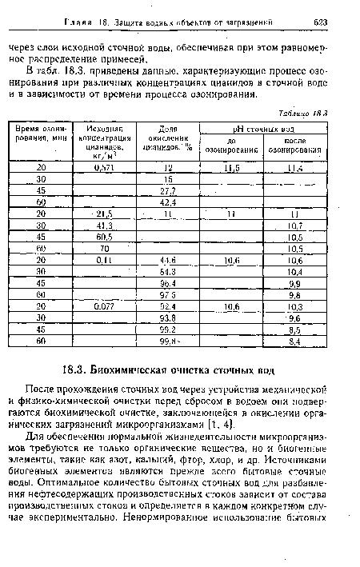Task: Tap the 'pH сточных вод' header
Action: click(263, 127)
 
